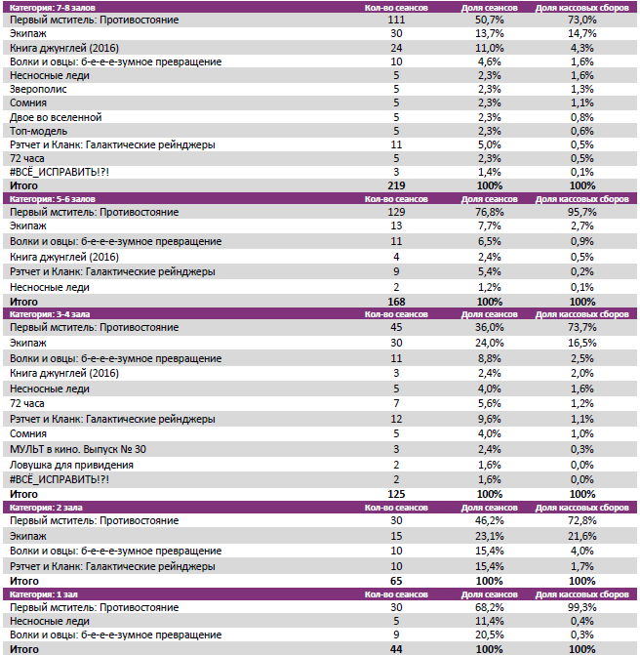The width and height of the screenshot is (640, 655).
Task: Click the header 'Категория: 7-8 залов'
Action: pos(47,7)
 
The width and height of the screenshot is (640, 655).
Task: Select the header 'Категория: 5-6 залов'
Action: pos(47,198)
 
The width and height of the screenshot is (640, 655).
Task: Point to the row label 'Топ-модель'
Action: pos(37,131)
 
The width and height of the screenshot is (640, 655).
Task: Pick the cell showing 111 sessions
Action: pos(395,20)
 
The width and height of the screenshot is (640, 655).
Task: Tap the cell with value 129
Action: pos(395,212)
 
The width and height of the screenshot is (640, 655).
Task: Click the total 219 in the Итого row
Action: pos(395,185)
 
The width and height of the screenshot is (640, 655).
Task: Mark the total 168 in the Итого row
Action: pos(395,302)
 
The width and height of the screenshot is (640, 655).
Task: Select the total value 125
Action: pos(395,495)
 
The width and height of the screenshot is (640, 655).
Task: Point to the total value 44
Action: pos(395,648)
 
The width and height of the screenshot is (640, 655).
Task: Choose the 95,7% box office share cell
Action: pos(582,212)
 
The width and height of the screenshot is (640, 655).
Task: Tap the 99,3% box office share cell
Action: pos(582,607)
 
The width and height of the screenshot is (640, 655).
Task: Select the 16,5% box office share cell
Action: pos(582,344)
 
